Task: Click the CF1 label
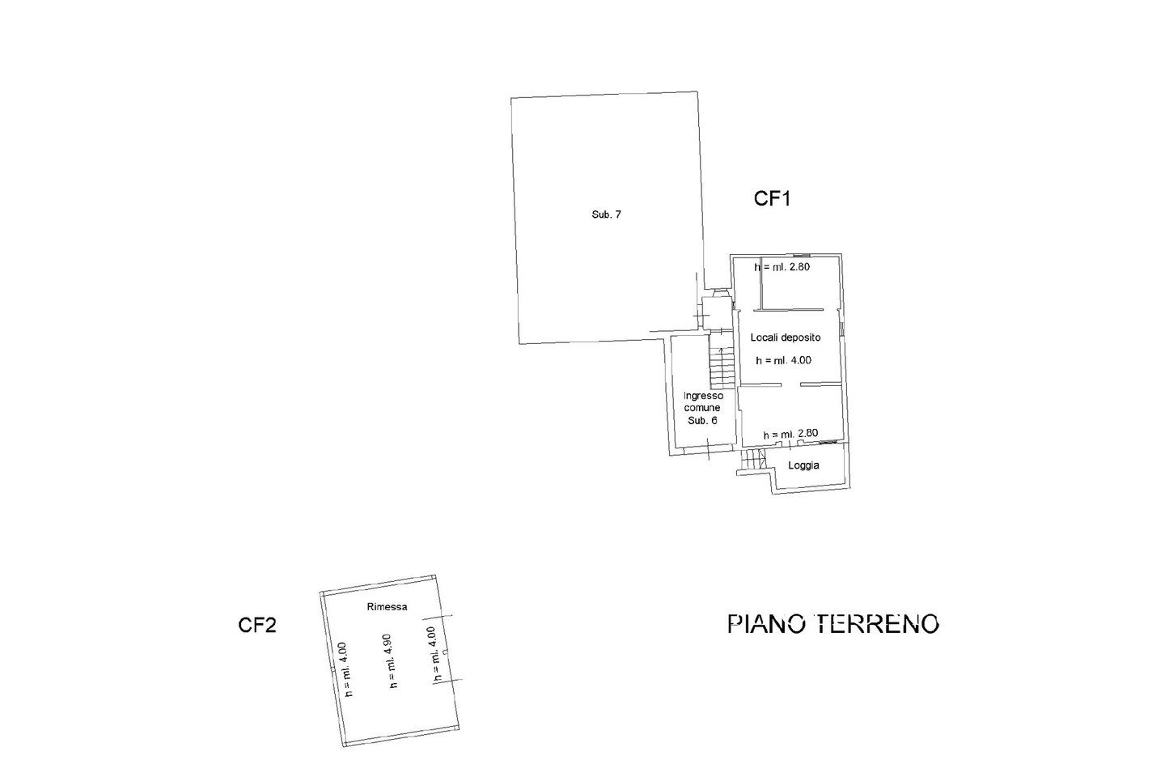click(772, 199)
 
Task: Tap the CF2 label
click(257, 625)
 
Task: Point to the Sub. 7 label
click(606, 214)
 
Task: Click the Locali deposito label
click(785, 338)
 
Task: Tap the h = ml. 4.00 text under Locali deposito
click(783, 361)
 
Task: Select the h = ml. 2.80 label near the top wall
click(782, 266)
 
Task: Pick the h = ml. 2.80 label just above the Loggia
click(791, 435)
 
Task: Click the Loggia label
click(804, 465)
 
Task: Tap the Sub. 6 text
click(701, 421)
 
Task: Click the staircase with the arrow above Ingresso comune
click(721, 368)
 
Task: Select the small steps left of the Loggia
click(753, 461)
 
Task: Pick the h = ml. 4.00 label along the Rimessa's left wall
click(345, 669)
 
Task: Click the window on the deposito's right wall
click(841, 328)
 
